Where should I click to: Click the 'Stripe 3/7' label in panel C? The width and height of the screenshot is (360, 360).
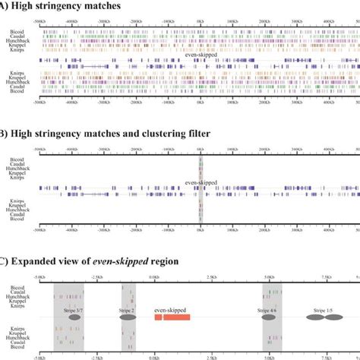click(65, 311)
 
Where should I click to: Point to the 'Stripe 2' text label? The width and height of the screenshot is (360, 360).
click(127, 311)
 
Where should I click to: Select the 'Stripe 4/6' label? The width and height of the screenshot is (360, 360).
click(267, 311)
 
